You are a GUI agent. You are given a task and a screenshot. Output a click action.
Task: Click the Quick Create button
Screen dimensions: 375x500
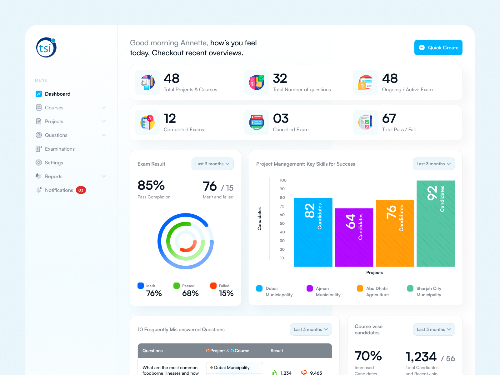pos(438,47)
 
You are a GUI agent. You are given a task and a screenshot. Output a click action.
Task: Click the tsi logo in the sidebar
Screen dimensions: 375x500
pos(46,47)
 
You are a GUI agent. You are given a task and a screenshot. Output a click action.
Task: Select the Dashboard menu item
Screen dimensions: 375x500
pos(57,94)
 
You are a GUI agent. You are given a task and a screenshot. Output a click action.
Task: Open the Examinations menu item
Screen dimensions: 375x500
pos(59,149)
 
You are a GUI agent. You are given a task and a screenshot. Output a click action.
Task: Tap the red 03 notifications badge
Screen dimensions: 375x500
pos(81,190)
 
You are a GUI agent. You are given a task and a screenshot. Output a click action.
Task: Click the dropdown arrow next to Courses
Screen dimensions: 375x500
pos(104,107)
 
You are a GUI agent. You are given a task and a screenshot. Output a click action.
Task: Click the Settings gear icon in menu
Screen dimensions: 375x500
pos(39,162)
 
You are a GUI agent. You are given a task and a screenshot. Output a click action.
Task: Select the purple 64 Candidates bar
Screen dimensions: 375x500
pos(354,237)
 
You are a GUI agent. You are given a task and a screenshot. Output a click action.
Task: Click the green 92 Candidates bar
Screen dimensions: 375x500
pos(436,223)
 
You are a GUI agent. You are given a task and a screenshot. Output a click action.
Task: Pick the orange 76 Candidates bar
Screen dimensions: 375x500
pos(395,233)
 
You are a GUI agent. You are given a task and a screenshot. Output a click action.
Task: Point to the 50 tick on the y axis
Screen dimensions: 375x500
pos(282,223)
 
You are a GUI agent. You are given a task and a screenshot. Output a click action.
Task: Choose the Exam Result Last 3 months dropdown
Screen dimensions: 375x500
pos(212,164)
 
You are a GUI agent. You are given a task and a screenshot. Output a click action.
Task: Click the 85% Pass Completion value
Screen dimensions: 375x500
pos(151,186)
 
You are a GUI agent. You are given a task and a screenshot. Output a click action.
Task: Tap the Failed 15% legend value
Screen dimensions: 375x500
pos(226,293)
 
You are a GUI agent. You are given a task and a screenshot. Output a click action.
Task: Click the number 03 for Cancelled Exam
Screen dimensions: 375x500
pos(281,118)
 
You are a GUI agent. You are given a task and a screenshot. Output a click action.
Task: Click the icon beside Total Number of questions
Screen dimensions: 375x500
pos(257,82)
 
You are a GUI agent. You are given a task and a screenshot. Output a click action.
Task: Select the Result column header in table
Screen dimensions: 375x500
pos(277,351)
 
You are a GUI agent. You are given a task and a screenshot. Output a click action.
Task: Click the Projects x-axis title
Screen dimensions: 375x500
pos(374,272)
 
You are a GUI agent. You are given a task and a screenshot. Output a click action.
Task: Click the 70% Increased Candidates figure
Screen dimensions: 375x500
pos(368,356)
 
